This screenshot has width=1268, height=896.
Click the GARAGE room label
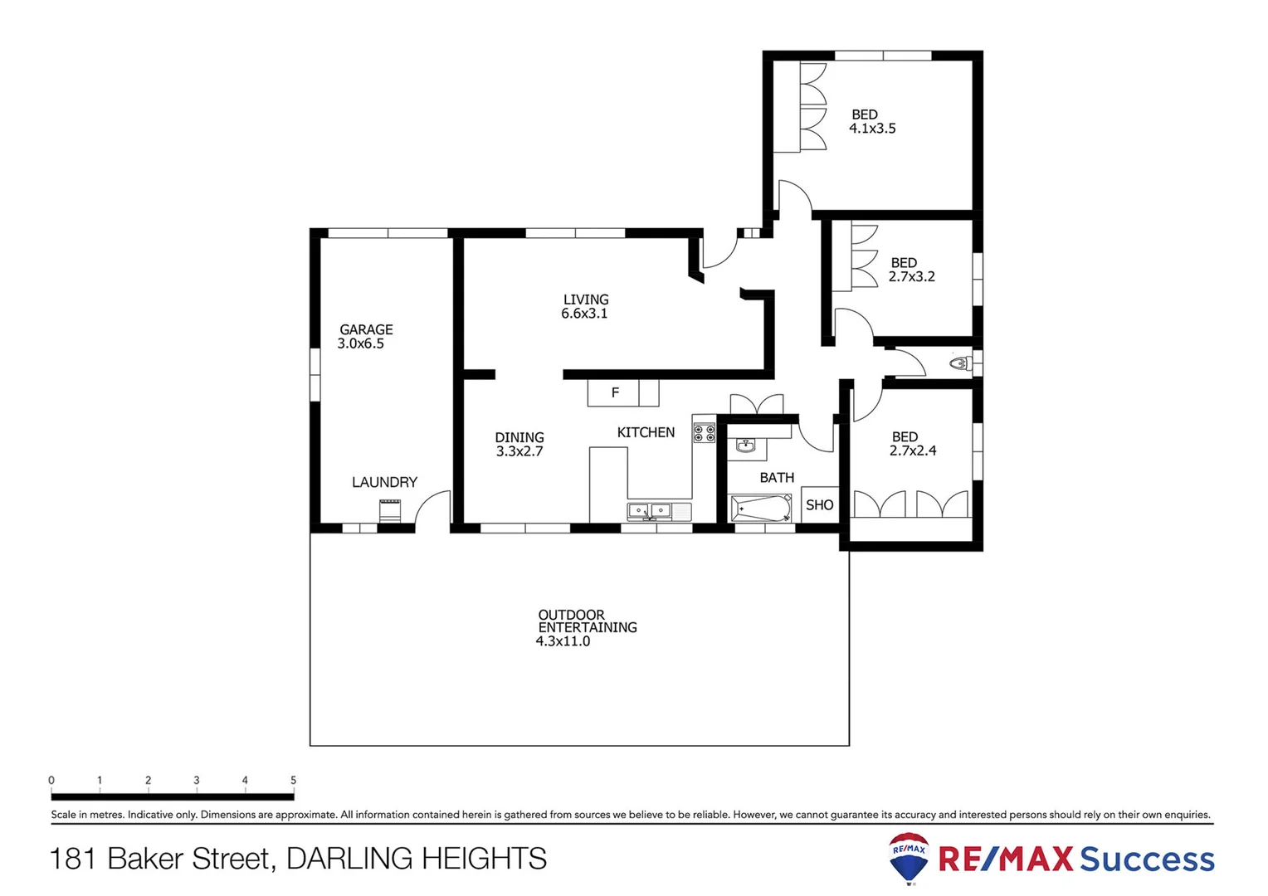[x=366, y=329]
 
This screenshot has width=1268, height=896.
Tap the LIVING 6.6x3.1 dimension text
[x=584, y=314]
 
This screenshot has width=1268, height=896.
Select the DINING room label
[x=519, y=437]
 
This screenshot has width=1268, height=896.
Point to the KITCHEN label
[x=646, y=432]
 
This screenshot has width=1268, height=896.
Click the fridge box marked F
[x=614, y=392]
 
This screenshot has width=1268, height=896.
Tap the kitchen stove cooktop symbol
[x=704, y=432]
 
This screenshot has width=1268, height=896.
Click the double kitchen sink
[x=649, y=510]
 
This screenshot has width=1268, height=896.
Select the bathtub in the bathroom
[x=760, y=508]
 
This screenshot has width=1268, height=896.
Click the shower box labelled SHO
[x=819, y=504]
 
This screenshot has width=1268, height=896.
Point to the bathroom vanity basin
[x=745, y=447]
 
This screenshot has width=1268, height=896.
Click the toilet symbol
[x=960, y=363]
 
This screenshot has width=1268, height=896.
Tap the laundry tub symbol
[x=390, y=510]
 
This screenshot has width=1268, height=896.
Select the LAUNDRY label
[x=384, y=482]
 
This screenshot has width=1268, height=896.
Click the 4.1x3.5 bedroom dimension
[x=872, y=129]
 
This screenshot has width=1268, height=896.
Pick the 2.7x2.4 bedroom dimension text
[x=913, y=450]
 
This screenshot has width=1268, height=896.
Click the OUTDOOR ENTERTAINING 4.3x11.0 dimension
[x=563, y=641]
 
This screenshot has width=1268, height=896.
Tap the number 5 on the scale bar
[x=293, y=780]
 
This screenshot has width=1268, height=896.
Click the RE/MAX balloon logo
[x=909, y=858]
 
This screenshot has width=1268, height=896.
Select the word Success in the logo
[x=1147, y=859]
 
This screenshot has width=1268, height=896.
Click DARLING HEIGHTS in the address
[x=416, y=859]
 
